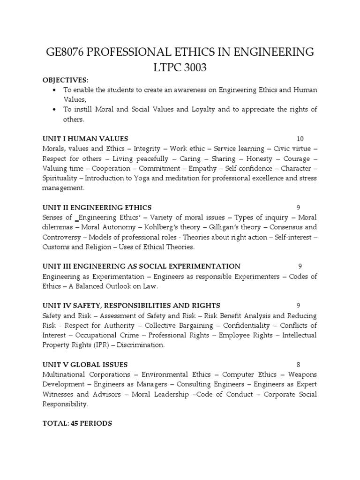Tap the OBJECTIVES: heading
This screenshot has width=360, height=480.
65,80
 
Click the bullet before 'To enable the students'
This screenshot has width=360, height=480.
55,90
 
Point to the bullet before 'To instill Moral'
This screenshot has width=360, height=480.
55,110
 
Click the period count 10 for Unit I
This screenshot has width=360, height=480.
300,139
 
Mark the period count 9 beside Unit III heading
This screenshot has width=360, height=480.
300,266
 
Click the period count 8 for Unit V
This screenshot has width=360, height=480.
298,365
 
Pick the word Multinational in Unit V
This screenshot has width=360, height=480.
65,375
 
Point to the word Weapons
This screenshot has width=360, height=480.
302,375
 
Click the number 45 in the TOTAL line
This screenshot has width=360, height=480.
75,423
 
